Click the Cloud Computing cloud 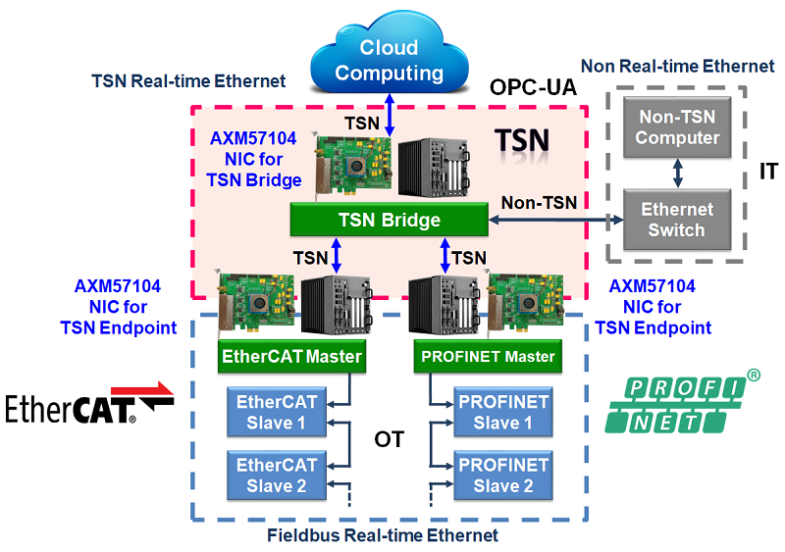click(390, 54)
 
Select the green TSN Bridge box click(389, 220)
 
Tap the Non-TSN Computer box click(677, 127)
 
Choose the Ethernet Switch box click(677, 220)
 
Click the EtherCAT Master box click(291, 356)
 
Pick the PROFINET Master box click(488, 356)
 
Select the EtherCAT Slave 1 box click(277, 412)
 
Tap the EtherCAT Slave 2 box click(277, 476)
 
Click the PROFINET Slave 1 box click(503, 412)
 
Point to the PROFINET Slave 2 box click(503, 476)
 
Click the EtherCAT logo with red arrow click(89, 403)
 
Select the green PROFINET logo click(682, 402)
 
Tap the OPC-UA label click(533, 87)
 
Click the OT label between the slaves click(389, 439)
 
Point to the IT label click(768, 172)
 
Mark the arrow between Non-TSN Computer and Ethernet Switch click(677, 174)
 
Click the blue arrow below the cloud click(390, 115)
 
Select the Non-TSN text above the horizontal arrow click(539, 203)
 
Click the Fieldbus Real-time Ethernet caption click(383, 535)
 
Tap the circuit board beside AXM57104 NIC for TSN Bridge click(352, 164)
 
